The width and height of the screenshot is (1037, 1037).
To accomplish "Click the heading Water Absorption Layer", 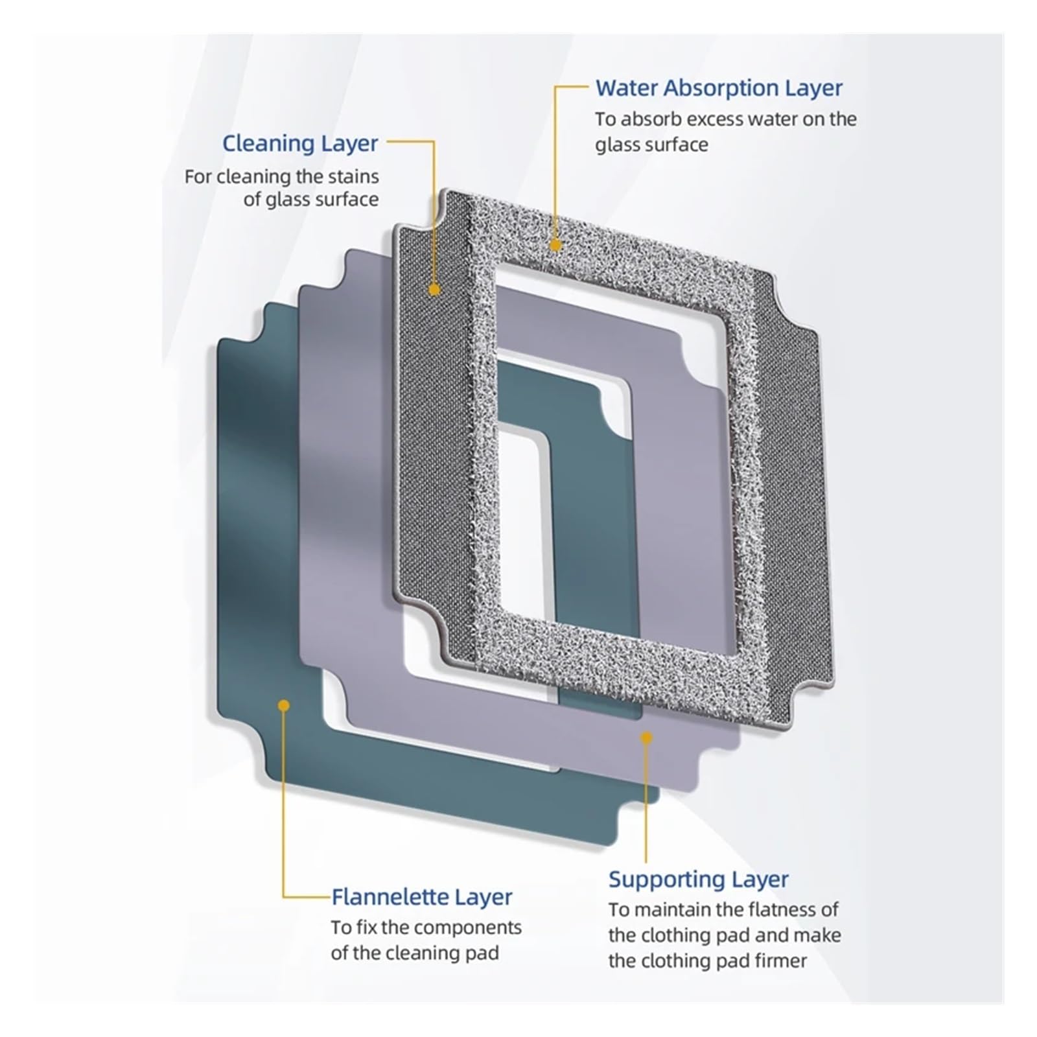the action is click(x=719, y=88).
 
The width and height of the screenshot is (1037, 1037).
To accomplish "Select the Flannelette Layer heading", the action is click(x=422, y=897).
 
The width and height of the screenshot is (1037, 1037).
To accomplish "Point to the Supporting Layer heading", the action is click(x=698, y=880).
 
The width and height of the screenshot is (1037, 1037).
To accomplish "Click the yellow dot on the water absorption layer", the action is click(x=555, y=245).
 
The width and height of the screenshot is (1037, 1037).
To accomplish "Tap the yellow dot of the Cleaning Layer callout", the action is click(x=435, y=289).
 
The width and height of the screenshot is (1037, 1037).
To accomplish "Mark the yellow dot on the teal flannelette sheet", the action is click(x=283, y=705).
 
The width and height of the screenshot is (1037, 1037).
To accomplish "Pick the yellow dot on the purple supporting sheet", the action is click(x=646, y=738).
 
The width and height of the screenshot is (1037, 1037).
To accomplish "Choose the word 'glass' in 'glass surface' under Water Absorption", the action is click(x=616, y=145).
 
